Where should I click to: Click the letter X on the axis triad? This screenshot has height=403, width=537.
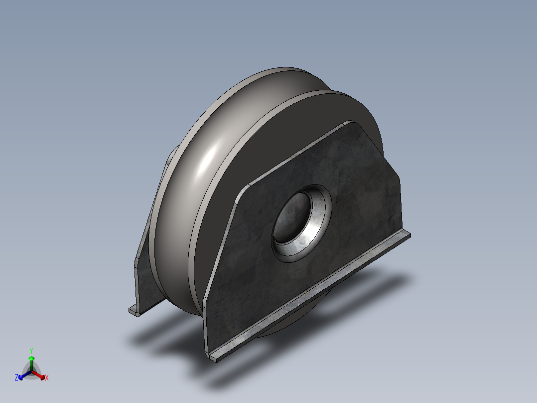click(x=47, y=378)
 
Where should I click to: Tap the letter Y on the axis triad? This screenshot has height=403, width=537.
click(x=31, y=351)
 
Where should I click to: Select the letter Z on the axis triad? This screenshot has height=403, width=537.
click(x=16, y=378)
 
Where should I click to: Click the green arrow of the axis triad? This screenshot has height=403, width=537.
click(x=31, y=360)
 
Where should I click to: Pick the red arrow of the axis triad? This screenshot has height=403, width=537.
click(x=40, y=375)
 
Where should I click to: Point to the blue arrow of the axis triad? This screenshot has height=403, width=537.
click(x=22, y=376)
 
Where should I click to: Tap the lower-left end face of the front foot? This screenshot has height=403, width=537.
click(x=213, y=358)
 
